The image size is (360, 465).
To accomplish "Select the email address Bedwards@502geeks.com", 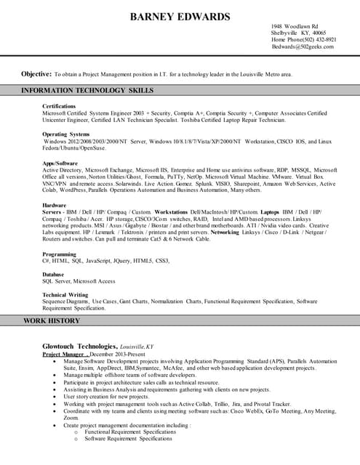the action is [303, 46].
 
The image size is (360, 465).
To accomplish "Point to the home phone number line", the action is [304, 39].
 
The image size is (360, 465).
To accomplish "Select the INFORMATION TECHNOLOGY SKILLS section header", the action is [87, 91].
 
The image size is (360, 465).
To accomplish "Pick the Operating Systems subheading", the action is [65, 134].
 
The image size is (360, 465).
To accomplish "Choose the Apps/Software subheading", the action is [60, 163].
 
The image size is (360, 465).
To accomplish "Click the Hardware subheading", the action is [55, 206].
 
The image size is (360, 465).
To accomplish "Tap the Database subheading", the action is [55, 275].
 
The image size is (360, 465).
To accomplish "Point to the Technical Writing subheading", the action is [66, 294].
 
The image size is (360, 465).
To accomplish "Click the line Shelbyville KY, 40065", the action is [299, 33].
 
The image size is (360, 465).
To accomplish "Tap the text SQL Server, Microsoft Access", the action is [79, 281].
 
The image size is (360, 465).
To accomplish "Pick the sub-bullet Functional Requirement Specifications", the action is [130, 432].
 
